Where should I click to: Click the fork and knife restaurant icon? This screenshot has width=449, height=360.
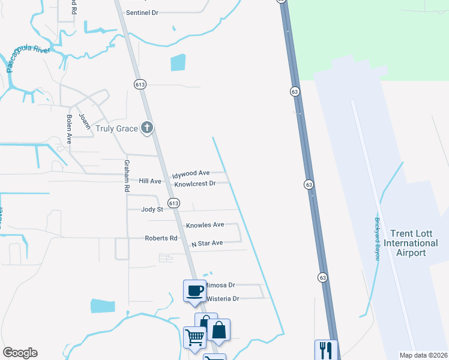coord(326,350)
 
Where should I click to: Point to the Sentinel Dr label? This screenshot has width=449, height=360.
coord(142,12)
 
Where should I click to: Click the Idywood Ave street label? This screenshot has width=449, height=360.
coord(191,173)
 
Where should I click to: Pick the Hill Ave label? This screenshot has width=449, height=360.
coord(150,181)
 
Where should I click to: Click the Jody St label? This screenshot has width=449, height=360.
coord(152,209)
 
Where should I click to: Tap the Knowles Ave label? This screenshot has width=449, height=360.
coord(205,225)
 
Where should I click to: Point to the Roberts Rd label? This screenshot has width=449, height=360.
coord(161,238)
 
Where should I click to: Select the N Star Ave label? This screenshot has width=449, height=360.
coord(207,244)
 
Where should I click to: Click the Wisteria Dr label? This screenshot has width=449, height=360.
coord(223,298)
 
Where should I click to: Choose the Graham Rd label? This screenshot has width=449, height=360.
coord(127,176)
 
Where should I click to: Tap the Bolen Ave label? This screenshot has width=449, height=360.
coord(69,128)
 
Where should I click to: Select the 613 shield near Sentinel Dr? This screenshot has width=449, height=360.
coord(139,85)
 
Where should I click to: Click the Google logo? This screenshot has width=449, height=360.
coord(20,353)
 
